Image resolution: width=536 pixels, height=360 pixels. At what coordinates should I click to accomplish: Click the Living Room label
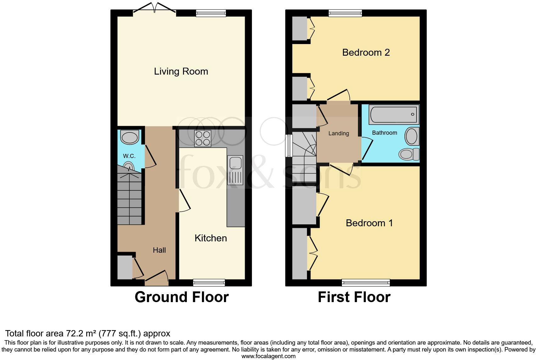point(181,71)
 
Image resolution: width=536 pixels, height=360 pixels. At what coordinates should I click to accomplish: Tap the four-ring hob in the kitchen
point(203,138)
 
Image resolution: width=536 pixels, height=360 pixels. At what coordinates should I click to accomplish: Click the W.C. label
point(129,156)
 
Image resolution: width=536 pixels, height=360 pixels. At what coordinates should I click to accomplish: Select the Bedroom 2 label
point(366,52)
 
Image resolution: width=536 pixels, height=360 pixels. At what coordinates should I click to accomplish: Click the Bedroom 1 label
point(369,223)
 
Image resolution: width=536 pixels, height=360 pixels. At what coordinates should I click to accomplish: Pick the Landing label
point(338,133)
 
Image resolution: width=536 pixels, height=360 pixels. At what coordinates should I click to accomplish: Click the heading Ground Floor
point(181,297)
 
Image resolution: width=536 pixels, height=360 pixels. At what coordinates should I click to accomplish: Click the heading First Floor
point(354,297)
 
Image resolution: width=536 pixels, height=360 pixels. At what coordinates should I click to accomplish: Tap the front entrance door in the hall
point(157,277)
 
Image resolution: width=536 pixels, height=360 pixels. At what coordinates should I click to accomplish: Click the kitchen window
point(209,283)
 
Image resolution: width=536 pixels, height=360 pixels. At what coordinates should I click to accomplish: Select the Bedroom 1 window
point(366,283)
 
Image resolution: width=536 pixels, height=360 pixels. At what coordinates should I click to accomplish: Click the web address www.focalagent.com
point(268,356)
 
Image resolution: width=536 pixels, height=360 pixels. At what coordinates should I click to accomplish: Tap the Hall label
point(159,250)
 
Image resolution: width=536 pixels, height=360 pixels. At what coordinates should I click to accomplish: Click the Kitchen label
point(210,238)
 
